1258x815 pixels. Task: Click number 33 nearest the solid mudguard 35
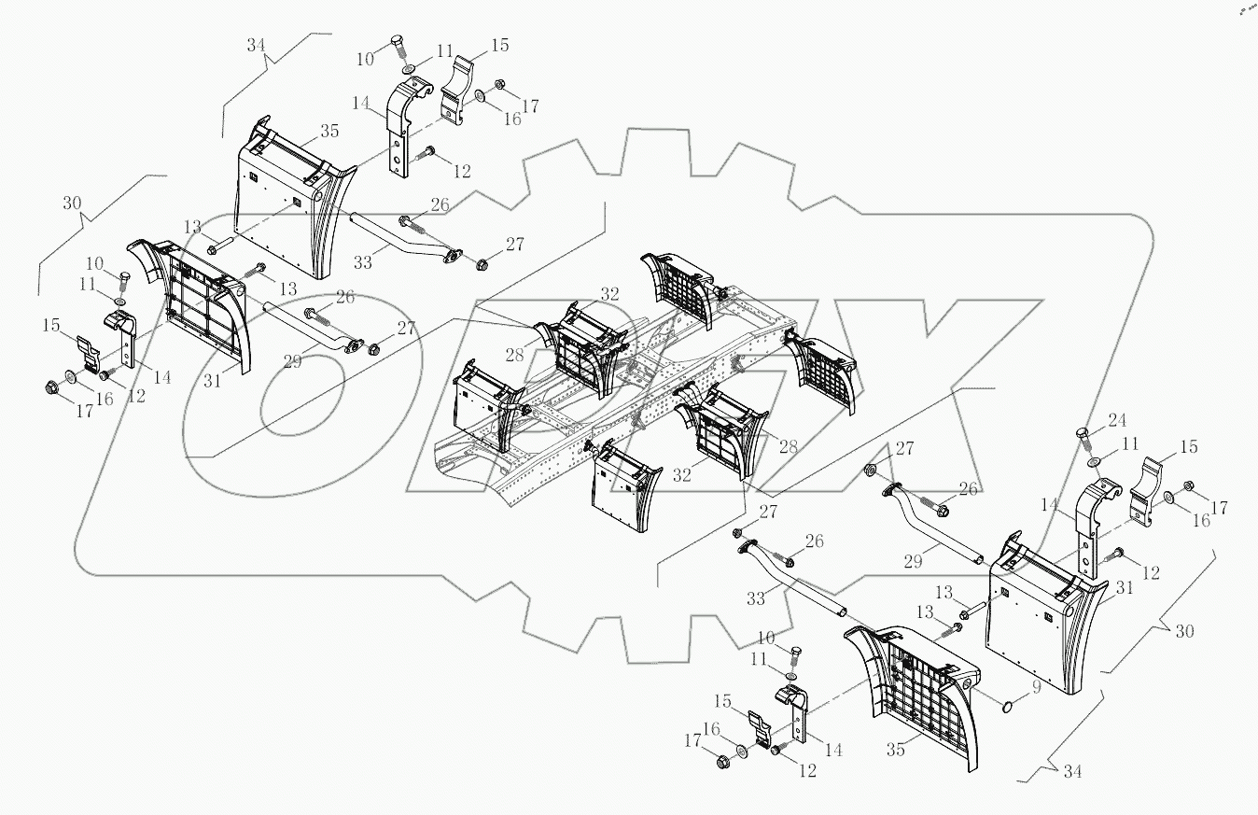[x=362, y=263]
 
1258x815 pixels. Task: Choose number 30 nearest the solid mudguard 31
[x=1182, y=631]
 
